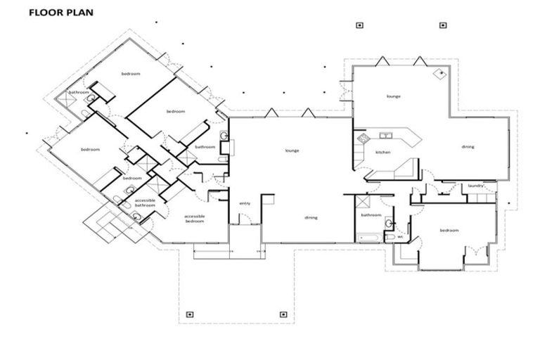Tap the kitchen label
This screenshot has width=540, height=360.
[x=382, y=152]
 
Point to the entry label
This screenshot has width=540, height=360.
[x=245, y=203]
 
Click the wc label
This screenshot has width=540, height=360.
[x=400, y=236]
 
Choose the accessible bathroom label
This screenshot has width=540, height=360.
[x=145, y=202]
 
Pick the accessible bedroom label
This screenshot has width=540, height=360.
[x=194, y=218]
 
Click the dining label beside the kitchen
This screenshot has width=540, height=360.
[x=468, y=147]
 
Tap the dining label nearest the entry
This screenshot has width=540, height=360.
[x=311, y=217]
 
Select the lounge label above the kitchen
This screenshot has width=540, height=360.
[x=393, y=96]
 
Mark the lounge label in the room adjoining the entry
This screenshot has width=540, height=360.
[x=292, y=150]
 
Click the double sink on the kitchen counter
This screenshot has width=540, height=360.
[x=385, y=135]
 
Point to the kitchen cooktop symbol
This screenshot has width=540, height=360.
[x=406, y=169]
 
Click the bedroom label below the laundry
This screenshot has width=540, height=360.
[x=449, y=231]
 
